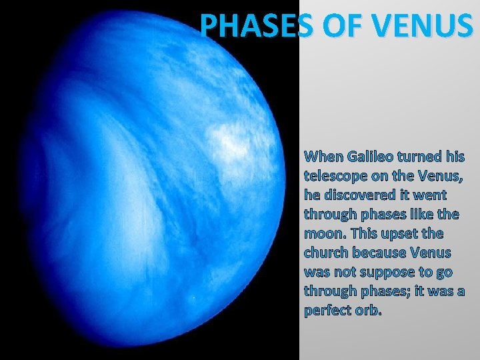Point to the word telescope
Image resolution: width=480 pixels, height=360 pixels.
pyautogui.click(x=335, y=177)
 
